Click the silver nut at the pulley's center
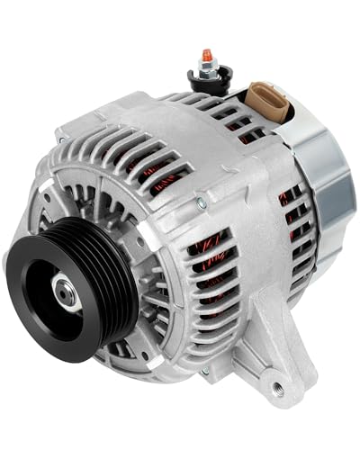coord(64,290)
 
